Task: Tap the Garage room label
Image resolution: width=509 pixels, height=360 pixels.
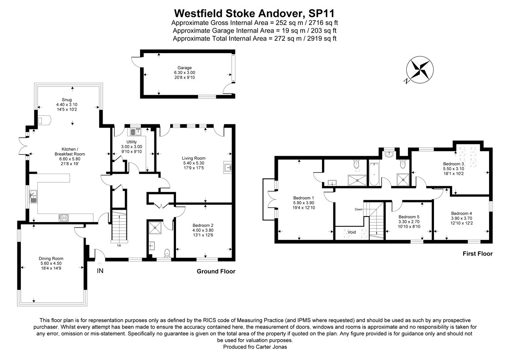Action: (185, 67)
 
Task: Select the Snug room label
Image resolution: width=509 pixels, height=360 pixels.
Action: (67, 99)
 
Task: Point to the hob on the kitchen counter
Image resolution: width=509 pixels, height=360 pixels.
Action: (64, 217)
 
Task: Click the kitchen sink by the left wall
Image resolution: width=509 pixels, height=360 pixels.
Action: (33, 197)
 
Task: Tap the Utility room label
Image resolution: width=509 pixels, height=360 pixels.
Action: (131, 142)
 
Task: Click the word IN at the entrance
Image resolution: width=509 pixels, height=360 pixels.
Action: (100, 271)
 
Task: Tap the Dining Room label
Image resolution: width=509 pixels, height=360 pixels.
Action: (50, 258)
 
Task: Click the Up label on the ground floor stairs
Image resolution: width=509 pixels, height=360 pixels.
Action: (119, 245)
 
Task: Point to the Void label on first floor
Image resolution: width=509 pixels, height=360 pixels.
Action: (352, 232)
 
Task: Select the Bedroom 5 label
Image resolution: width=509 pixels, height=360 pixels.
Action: (409, 216)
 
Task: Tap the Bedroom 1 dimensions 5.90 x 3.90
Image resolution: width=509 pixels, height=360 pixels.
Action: (304, 203)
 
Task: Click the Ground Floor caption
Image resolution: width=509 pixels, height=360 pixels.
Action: (216, 271)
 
